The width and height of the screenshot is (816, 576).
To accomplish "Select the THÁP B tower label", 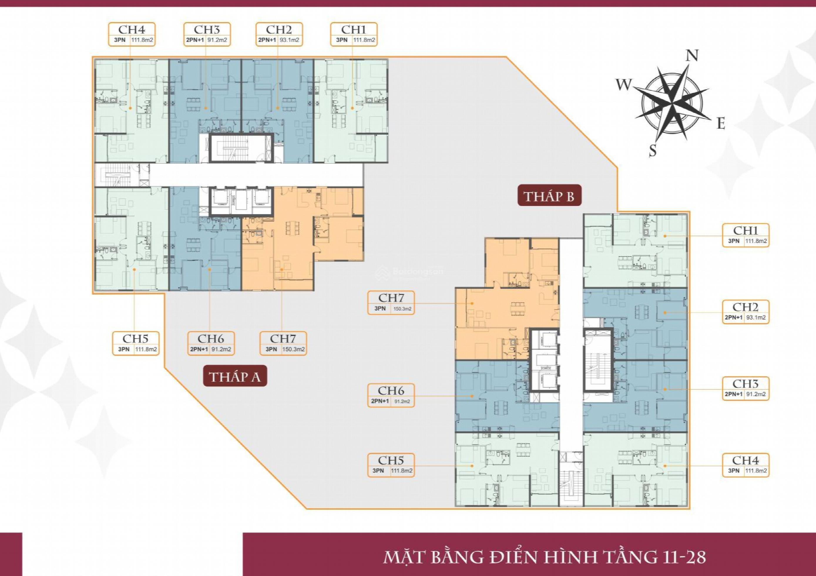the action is [549, 196].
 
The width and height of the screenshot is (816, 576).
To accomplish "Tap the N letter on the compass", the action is [692, 56].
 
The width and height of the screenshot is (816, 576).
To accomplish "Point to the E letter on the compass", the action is [721, 124].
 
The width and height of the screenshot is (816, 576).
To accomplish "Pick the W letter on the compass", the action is [624, 85].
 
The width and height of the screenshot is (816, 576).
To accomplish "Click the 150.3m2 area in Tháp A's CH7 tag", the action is [293, 349].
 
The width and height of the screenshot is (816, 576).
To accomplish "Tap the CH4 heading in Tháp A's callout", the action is [132, 29].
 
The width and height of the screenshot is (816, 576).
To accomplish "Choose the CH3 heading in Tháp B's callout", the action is [745, 384].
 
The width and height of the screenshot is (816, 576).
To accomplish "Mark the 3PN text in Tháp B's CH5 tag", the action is [378, 471].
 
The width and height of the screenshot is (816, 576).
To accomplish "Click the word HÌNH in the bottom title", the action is [574, 557].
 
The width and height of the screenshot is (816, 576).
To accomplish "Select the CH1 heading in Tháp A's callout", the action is [354, 29].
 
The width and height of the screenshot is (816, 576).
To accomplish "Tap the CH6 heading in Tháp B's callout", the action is [391, 391].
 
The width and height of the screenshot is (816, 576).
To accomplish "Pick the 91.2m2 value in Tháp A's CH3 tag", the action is [217, 40].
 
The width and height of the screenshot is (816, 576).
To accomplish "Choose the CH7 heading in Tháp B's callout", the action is [391, 298].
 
